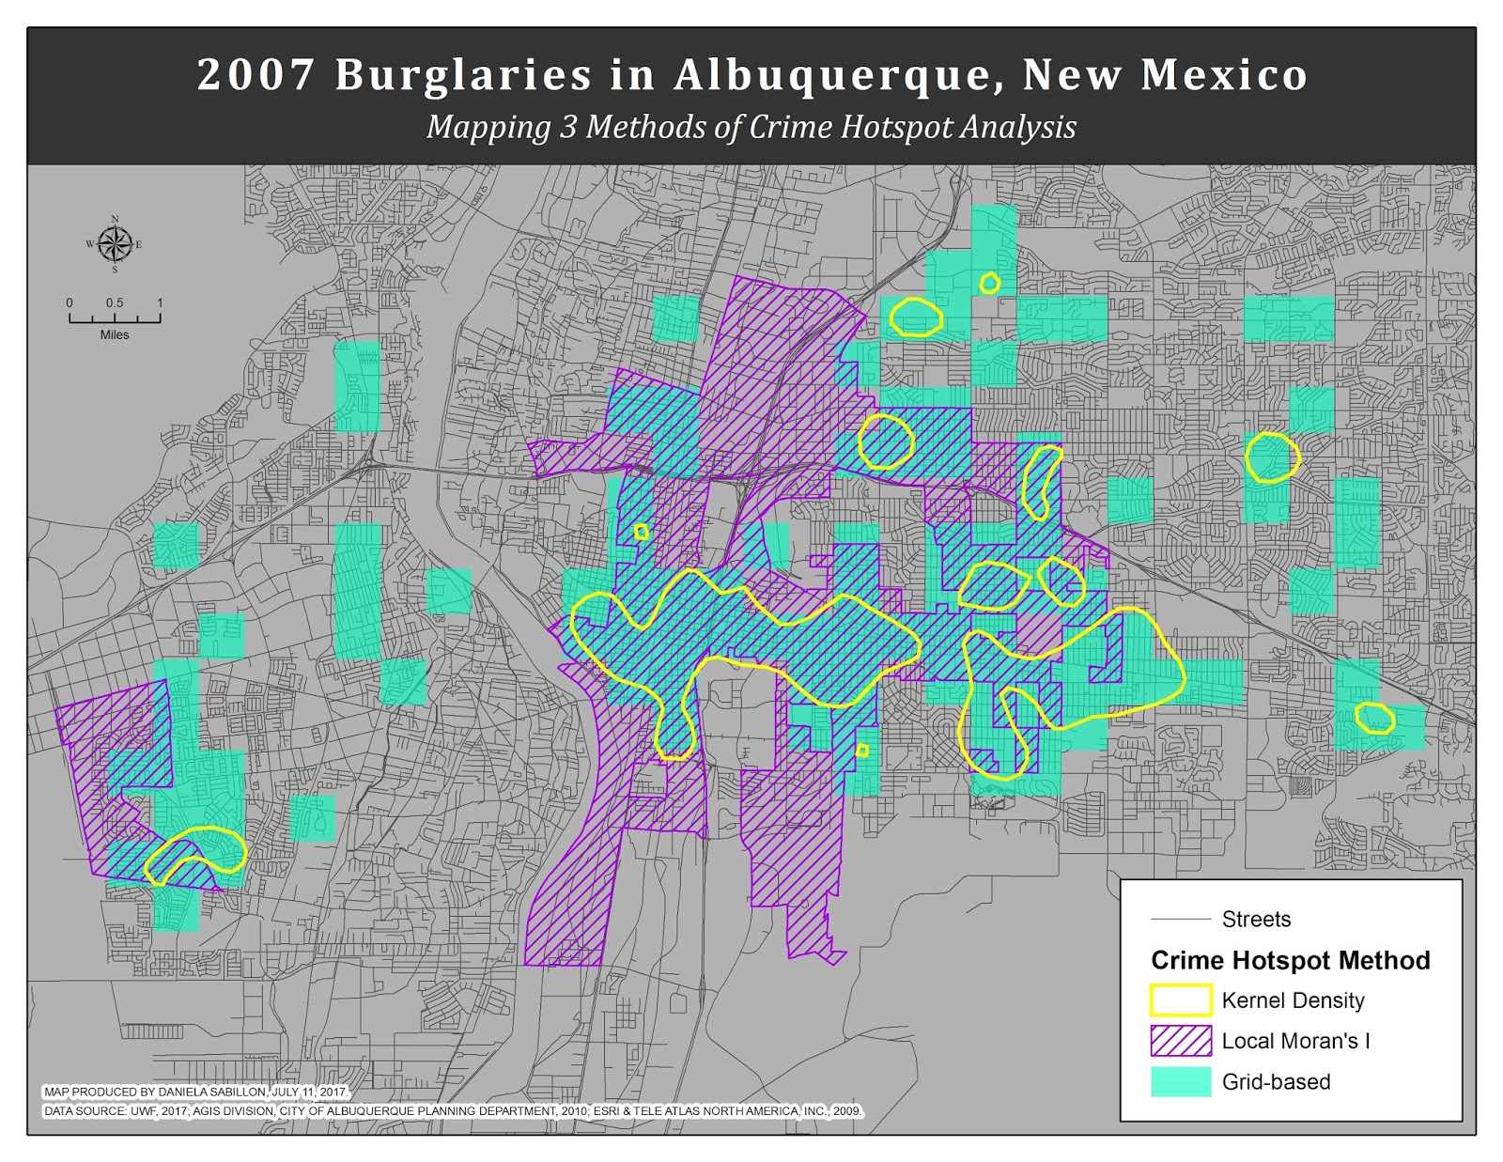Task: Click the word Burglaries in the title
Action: point(463,75)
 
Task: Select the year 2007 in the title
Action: point(255,75)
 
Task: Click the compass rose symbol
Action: point(115,245)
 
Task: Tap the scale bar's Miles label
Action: point(115,335)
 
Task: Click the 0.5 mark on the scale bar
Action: point(115,303)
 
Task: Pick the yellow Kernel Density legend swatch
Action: point(1181,1000)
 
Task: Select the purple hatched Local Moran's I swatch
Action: point(1181,1041)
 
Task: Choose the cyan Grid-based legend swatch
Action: point(1181,1081)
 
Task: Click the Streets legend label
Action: point(1256,920)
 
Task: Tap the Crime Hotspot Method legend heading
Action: point(1290,960)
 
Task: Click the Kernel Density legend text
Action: point(1293,1000)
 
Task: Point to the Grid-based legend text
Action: point(1276,1082)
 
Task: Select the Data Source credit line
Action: point(452,1111)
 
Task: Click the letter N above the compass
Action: point(116,220)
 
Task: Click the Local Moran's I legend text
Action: point(1295,1041)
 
